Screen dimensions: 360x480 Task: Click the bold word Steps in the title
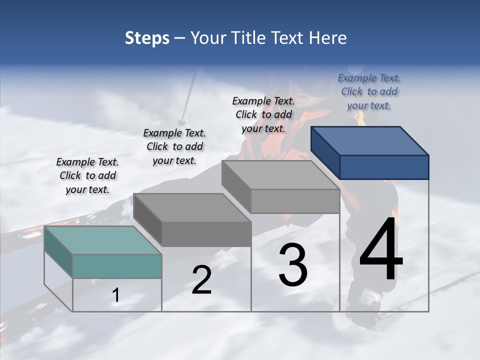[x=147, y=38]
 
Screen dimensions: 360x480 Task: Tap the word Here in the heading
[x=328, y=38]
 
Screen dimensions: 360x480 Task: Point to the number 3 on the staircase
[x=293, y=265]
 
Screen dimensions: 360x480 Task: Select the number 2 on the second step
[x=201, y=280]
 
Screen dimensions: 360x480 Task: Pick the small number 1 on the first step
[x=116, y=295]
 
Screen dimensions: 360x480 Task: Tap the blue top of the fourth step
[x=369, y=140]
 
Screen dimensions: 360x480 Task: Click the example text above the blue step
[x=369, y=91]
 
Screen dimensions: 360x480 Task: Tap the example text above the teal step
[x=87, y=175]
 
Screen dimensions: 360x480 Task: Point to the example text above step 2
[x=174, y=146]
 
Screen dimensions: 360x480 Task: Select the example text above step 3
[x=263, y=114]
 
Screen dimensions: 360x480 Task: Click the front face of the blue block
[x=384, y=167]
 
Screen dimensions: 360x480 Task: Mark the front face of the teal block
[x=117, y=266]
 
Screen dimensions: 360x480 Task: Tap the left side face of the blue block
[x=325, y=152]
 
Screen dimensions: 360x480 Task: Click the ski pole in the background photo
[x=188, y=95]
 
